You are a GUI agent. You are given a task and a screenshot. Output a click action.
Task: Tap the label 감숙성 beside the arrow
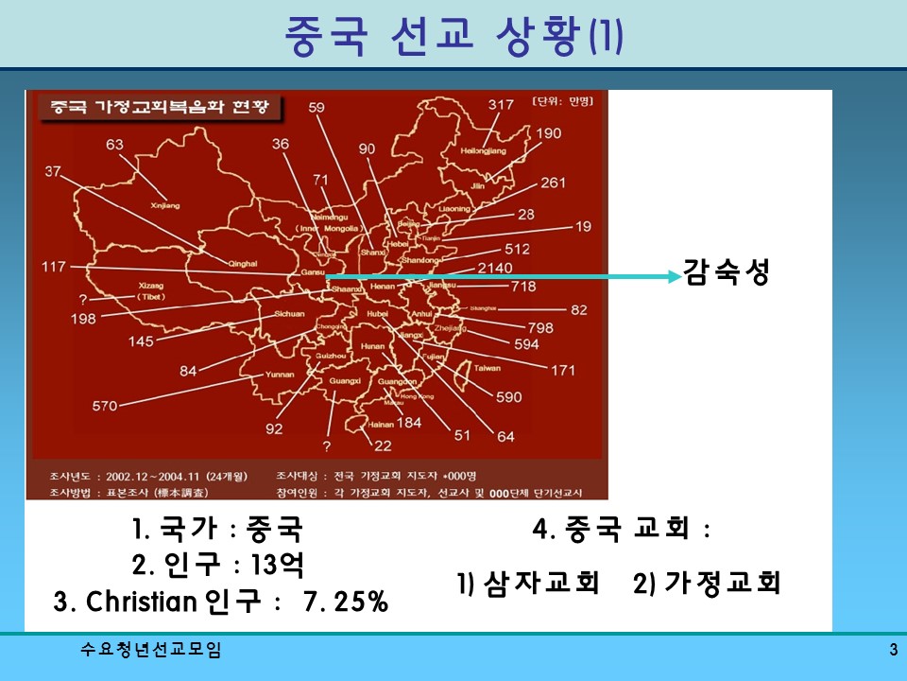tap(727, 275)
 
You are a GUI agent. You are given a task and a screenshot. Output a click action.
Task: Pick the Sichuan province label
tap(289, 313)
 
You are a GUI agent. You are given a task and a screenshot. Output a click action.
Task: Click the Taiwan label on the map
tap(487, 368)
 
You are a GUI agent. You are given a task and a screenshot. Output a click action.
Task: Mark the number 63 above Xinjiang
tap(115, 145)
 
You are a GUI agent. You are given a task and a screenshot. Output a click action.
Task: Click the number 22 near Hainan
tap(383, 446)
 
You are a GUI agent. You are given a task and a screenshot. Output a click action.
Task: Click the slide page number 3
tap(893, 650)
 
